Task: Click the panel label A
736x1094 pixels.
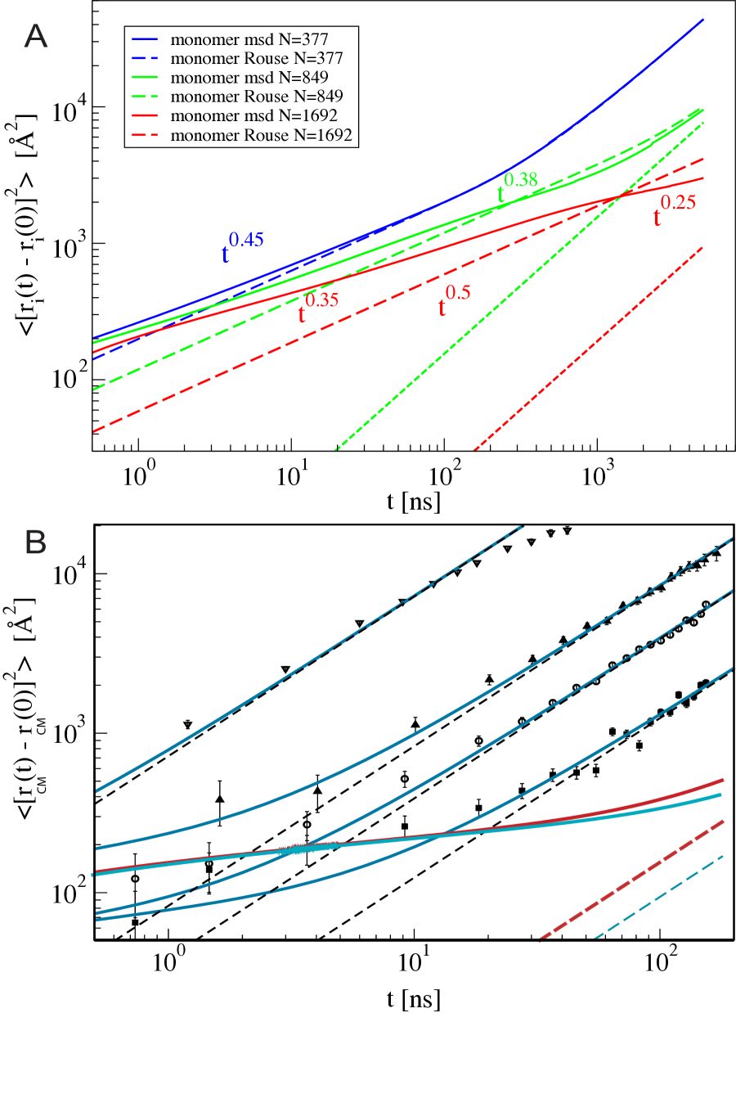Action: pos(35,37)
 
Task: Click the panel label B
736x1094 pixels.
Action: pos(35,543)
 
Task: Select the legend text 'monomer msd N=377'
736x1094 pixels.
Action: pos(249,39)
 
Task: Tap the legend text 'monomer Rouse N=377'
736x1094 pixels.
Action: pos(257,58)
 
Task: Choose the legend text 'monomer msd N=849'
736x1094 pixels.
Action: pos(249,78)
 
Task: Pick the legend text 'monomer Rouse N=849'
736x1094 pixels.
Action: pos(257,97)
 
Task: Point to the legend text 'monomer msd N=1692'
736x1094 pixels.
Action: pos(254,116)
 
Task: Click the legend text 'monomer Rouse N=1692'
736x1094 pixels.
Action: pos(261,135)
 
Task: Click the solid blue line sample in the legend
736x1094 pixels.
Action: pos(145,39)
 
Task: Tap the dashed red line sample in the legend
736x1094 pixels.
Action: pos(145,135)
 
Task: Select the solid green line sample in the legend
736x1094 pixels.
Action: pos(145,78)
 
